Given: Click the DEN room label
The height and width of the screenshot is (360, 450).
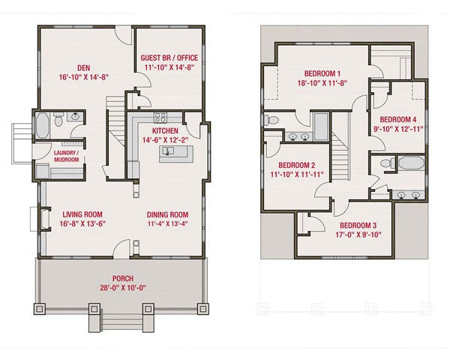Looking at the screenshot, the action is [x=83, y=68].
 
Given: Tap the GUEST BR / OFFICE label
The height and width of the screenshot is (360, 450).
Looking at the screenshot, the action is [x=169, y=58].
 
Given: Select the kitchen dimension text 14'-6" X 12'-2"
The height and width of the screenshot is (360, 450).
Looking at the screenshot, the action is [x=165, y=140].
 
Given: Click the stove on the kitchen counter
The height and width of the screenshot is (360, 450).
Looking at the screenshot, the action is [x=160, y=118].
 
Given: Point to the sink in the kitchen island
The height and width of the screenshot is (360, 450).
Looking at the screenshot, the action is [x=168, y=151].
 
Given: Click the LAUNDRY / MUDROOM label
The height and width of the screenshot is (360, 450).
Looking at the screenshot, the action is [x=66, y=156].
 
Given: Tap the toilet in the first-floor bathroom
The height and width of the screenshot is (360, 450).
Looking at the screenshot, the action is [x=58, y=119].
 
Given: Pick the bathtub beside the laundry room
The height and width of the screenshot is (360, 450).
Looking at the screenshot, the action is [x=43, y=125].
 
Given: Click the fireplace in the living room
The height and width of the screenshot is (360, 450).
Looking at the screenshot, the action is [x=45, y=219].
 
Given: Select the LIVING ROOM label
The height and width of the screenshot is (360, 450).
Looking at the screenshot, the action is [x=82, y=214].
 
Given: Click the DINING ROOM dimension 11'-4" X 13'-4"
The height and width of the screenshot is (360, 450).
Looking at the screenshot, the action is [x=167, y=224].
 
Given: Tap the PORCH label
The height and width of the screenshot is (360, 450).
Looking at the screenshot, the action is [x=123, y=278].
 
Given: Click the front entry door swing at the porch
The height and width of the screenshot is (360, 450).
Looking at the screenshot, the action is [x=121, y=248].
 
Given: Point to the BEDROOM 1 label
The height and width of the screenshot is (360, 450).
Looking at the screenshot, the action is [x=322, y=73].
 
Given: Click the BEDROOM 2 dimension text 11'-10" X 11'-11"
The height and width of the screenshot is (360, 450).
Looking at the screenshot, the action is [x=297, y=174].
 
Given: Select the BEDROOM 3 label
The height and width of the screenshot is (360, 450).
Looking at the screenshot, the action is [x=358, y=225].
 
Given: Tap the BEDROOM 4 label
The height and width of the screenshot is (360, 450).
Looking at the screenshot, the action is [x=398, y=119].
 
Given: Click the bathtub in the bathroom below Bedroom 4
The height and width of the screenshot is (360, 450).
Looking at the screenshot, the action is [x=411, y=163].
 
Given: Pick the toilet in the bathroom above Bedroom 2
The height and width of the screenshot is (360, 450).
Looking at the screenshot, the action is [x=271, y=120].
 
